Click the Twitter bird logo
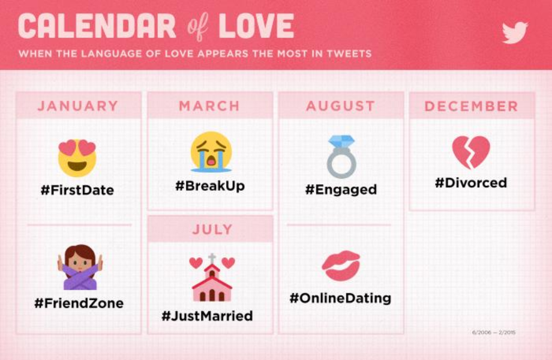tap(514, 32)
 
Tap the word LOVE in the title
tap(256, 26)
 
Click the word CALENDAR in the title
tap(97, 26)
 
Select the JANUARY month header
tap(78, 106)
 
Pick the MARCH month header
tap(209, 106)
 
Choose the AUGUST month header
tap(340, 106)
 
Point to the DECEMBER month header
tap(472, 106)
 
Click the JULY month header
tap(212, 229)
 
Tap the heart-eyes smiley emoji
tap(77, 158)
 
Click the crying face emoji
tap(211, 152)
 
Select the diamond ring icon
tap(341, 157)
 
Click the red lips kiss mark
tap(341, 266)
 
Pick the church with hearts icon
tap(212, 278)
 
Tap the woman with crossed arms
tap(80, 268)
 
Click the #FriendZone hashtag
tap(79, 303)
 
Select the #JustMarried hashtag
tap(207, 316)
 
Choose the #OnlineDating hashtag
tap(340, 298)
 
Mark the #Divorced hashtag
tap(471, 182)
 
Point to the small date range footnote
tap(494, 332)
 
